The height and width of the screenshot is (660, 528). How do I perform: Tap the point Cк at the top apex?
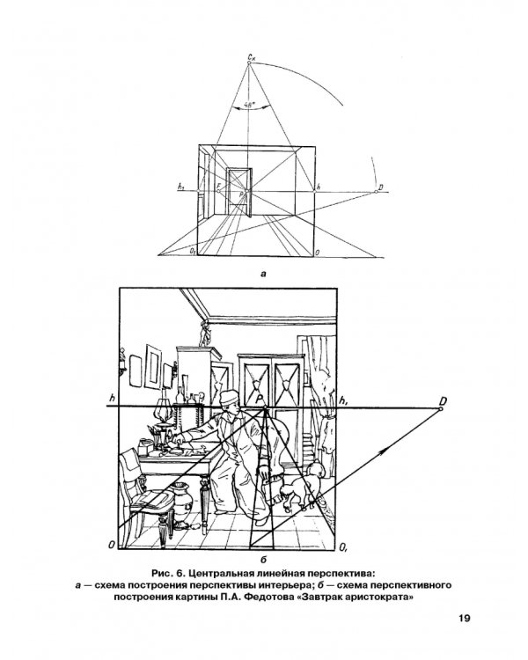point(249,62)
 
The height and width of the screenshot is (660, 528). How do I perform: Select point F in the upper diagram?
point(218,191)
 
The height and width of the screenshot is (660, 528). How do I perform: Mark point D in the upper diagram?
point(376,192)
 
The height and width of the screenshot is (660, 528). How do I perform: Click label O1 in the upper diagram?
point(192,252)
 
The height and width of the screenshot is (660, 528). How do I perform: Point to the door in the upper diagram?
point(239,192)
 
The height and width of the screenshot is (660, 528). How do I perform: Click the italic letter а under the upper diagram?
point(264,274)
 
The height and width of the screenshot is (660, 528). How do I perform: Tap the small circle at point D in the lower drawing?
point(441,408)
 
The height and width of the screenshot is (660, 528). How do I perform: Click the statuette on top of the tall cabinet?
point(205,334)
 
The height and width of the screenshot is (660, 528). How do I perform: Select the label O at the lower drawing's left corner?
point(112,545)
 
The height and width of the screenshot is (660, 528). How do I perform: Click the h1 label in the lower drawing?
point(343,400)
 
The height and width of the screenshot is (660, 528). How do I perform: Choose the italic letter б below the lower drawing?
point(264,560)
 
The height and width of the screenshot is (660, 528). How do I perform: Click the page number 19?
point(465,619)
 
